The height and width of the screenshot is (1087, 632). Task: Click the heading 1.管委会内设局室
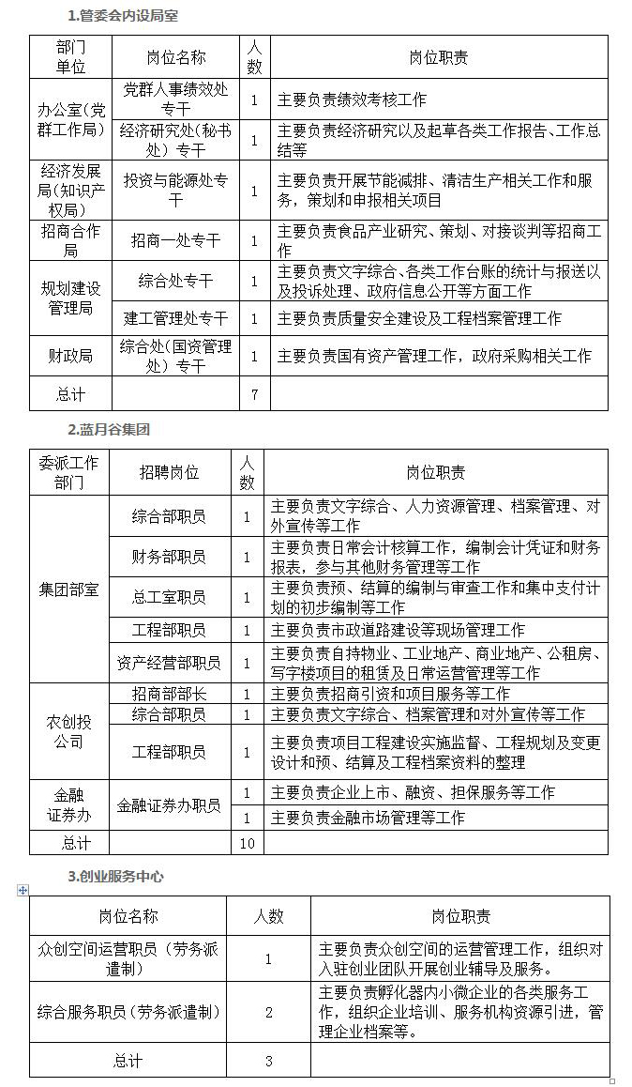(123, 16)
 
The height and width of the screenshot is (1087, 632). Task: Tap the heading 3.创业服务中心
(115, 876)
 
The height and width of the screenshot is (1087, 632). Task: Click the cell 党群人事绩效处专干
(176, 99)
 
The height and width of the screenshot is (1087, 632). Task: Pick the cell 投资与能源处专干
(176, 190)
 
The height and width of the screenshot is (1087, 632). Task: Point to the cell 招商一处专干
(176, 241)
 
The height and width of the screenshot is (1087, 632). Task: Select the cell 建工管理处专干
(176, 318)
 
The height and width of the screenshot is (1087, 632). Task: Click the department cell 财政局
(70, 356)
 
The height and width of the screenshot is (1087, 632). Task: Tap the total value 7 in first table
(254, 394)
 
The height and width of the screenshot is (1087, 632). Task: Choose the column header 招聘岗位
(170, 472)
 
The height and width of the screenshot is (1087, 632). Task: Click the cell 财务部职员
(170, 557)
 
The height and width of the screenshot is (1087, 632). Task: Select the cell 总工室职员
(170, 597)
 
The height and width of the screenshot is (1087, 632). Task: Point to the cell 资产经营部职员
(170, 663)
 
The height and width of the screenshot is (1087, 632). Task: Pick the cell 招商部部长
(170, 694)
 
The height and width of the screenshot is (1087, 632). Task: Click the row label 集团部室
(68, 589)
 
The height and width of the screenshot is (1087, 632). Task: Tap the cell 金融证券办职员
(170, 805)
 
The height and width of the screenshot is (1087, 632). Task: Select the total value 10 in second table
(248, 843)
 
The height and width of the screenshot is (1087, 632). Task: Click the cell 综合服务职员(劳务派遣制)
(127, 1012)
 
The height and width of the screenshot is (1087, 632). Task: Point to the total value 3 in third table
(268, 1061)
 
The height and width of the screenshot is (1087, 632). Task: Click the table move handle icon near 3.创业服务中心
(23, 890)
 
